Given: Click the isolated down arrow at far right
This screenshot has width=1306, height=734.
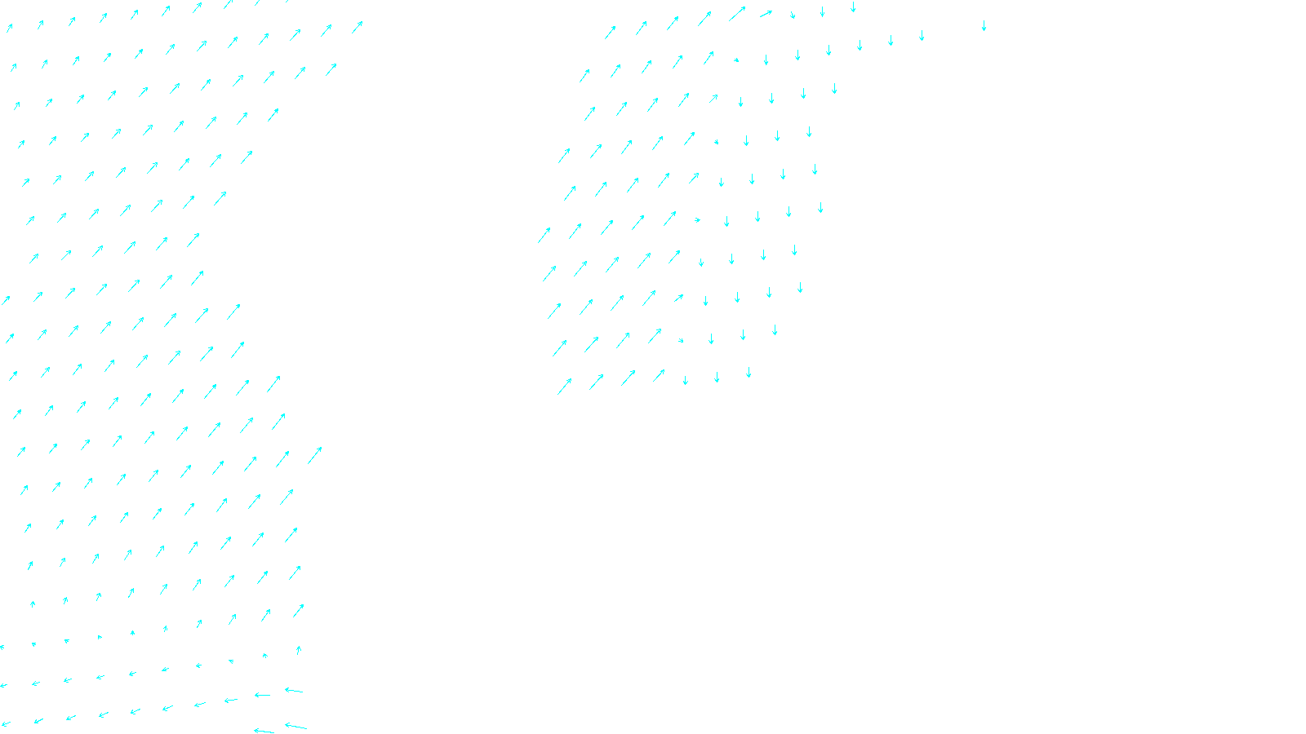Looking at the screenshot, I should click(984, 26).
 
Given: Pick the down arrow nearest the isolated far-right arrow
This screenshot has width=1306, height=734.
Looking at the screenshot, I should click(922, 36).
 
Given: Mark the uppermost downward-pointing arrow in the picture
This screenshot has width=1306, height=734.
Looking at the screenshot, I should click(853, 7).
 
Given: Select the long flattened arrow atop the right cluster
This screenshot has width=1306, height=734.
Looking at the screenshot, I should click(766, 13).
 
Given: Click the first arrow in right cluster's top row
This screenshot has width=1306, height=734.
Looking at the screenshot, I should click(610, 33).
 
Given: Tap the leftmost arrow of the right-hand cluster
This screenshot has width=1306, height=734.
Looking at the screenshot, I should click(544, 236).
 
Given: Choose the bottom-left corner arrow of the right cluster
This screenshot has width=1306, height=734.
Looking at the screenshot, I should click(564, 386).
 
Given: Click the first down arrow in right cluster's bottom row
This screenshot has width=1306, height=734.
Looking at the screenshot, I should click(685, 380).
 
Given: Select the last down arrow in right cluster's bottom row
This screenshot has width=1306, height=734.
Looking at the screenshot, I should click(749, 373).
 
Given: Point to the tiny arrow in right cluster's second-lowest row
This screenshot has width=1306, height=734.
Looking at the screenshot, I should click(681, 340).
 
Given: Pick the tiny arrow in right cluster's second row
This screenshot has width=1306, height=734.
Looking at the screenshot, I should click(736, 60).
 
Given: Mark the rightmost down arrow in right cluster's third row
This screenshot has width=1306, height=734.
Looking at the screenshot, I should click(834, 89).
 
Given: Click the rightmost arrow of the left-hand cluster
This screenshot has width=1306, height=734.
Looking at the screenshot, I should click(358, 27).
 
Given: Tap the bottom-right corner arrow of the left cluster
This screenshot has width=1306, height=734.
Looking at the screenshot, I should click(295, 725).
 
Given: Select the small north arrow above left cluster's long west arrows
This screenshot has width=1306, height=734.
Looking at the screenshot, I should click(298, 650).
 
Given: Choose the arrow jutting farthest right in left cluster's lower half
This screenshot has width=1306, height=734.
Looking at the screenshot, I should click(315, 455).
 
